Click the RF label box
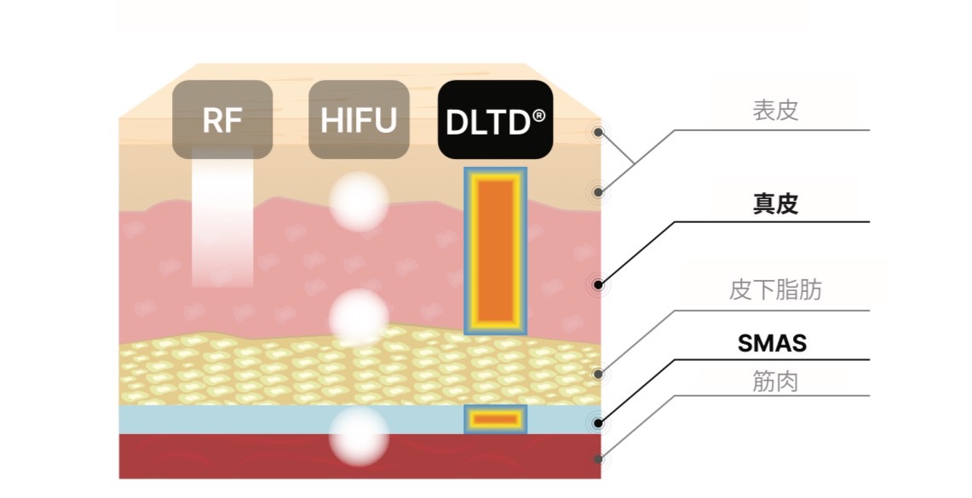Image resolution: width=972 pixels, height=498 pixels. (x=222, y=119)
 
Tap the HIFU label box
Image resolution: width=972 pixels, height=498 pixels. (x=359, y=119)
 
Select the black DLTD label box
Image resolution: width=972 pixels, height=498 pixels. (x=495, y=119)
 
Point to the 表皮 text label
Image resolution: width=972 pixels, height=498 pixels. (x=775, y=111)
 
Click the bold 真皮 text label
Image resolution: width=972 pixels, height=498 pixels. (x=775, y=204)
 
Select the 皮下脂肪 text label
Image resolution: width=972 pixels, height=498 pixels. (x=775, y=291)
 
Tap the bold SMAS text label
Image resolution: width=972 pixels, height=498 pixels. (x=772, y=344)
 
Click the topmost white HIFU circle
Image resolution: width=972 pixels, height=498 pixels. (x=359, y=202)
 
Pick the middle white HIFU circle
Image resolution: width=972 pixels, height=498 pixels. (x=359, y=318)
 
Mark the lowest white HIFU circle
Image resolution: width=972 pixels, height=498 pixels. (x=359, y=434)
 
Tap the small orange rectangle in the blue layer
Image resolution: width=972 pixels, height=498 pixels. (x=495, y=419)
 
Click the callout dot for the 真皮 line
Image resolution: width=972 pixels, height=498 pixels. (x=600, y=284)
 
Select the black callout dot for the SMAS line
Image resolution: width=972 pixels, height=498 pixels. (x=600, y=421)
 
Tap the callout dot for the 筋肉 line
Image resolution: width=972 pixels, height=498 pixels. (x=600, y=459)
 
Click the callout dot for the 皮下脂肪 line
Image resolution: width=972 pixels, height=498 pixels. (x=600, y=373)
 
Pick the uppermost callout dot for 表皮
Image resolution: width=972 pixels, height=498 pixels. (x=600, y=133)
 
